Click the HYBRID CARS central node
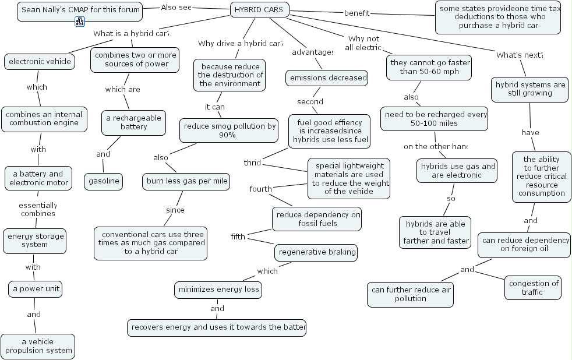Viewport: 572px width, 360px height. [x=260, y=10]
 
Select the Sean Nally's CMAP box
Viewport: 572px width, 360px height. [x=80, y=10]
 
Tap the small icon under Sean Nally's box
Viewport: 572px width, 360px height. [x=80, y=22]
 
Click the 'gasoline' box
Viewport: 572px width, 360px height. [x=104, y=181]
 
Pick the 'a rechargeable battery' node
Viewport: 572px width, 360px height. [x=133, y=122]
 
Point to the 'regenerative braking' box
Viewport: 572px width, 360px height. [x=316, y=252]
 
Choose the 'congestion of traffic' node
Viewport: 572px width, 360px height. [x=533, y=288]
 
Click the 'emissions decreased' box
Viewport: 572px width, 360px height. [x=327, y=78]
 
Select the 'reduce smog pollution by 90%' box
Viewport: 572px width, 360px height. [x=229, y=130]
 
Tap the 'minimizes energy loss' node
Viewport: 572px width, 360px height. [x=218, y=290]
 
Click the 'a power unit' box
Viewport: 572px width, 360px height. [x=35, y=289]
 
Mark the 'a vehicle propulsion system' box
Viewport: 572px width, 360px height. [x=38, y=346]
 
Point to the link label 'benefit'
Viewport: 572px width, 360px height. [x=357, y=13]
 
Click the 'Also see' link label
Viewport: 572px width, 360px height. [x=176, y=8]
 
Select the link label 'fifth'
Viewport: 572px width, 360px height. [x=238, y=237]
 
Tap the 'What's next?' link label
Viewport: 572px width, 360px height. [x=519, y=55]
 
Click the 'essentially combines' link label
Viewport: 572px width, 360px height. [x=38, y=209]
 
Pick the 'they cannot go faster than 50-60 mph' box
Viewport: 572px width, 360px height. [x=429, y=67]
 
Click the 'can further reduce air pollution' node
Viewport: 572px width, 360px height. [x=410, y=294]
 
